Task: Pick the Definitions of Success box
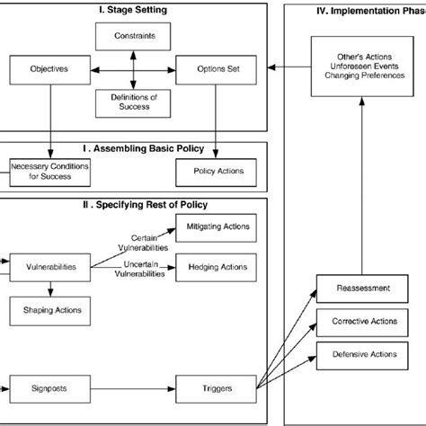click(133, 102)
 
